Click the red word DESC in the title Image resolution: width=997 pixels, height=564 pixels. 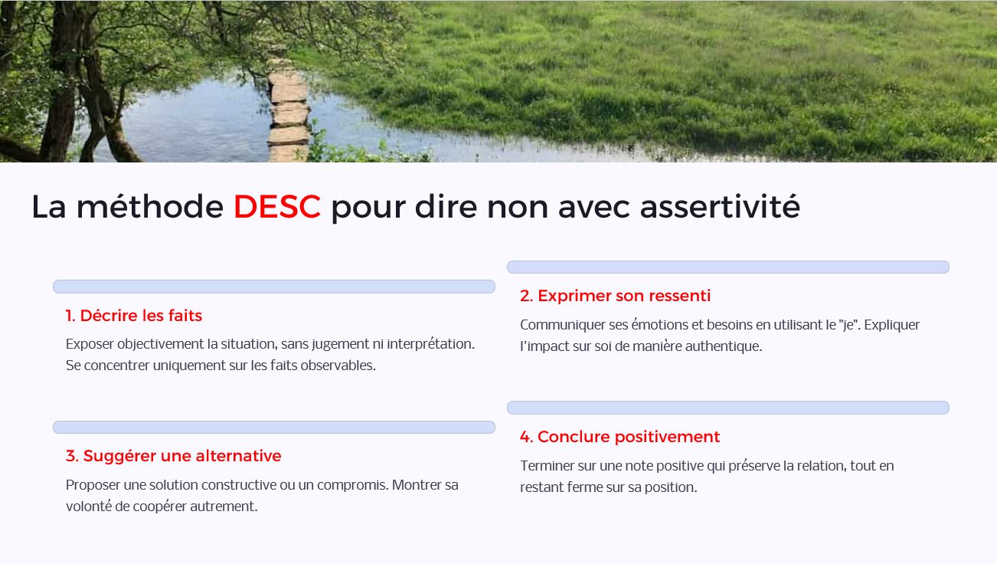click(277, 207)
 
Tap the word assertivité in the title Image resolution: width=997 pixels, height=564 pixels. click(720, 207)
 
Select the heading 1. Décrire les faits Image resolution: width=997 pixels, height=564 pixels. click(133, 316)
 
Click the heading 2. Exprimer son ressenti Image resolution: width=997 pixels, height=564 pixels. click(615, 296)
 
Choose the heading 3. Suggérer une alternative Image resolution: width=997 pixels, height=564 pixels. click(173, 456)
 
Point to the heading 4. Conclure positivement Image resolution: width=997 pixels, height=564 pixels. click(619, 437)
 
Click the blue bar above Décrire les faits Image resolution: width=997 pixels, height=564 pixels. click(273, 287)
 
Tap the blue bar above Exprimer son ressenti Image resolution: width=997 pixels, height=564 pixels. click(728, 267)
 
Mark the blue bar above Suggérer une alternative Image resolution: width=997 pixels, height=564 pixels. click(273, 428)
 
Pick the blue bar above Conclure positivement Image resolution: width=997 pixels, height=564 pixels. click(728, 408)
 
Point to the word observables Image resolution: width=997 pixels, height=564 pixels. click(338, 366)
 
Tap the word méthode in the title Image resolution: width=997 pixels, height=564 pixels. click(150, 207)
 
